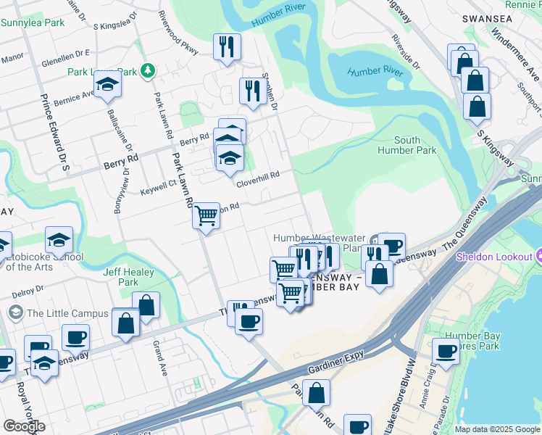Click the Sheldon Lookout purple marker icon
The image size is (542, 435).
tap(538, 257)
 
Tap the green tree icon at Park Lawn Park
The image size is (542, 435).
tap(148, 70)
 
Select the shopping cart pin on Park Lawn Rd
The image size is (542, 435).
tap(207, 215)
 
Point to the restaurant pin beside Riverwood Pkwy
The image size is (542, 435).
tap(227, 48)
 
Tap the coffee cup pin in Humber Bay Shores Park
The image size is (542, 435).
tap(446, 352)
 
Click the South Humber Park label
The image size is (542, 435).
tap(406, 145)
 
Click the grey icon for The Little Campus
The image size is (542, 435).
tap(15, 313)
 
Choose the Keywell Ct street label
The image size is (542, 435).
tap(157, 184)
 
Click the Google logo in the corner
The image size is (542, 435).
tap(24, 426)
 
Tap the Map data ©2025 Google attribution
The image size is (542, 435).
tap(497, 429)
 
